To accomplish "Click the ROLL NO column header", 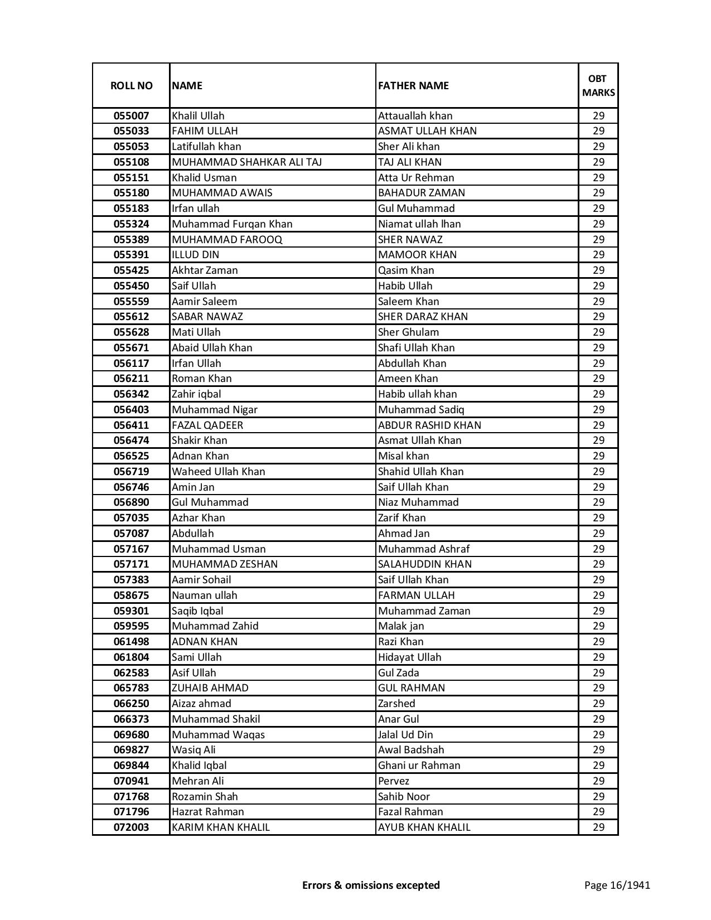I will point(131,86).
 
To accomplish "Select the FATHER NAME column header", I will point(413,86).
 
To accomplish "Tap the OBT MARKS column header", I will point(598,86).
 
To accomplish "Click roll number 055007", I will point(131,116).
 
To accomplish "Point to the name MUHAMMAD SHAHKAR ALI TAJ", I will point(246,162).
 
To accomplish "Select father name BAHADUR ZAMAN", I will point(421,193).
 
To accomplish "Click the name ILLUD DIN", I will point(195,255).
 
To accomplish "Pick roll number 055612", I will point(131,317).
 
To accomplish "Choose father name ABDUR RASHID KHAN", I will point(429,425).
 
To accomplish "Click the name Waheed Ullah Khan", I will point(218,472).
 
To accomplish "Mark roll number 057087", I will point(131,534).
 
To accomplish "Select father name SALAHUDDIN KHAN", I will point(424,564).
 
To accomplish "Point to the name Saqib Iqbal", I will point(197,611).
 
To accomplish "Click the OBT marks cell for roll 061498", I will point(598,642).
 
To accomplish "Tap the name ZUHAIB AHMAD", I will point(210,688).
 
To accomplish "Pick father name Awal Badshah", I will point(411,750).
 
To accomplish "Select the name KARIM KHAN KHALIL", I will point(220,827).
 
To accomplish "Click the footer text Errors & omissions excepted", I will point(371,885).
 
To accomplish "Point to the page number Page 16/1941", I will point(617,885).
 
